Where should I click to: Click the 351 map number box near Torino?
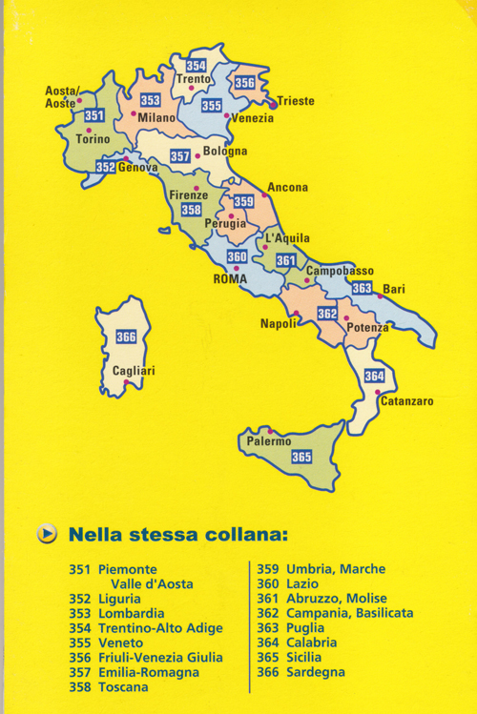[93, 115]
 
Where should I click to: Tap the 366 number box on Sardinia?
[126, 337]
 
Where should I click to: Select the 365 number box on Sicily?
[301, 457]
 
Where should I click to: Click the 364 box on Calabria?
[374, 376]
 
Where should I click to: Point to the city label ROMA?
[230, 279]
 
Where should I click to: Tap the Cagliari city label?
[134, 371]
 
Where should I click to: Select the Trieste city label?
[296, 101]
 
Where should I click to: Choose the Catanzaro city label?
[407, 401]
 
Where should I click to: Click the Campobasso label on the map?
[340, 272]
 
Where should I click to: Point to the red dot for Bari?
[380, 296]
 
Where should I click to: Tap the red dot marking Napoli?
[297, 314]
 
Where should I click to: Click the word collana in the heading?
[246, 534]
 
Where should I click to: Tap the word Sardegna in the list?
[316, 672]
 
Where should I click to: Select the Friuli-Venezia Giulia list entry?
[160, 658]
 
